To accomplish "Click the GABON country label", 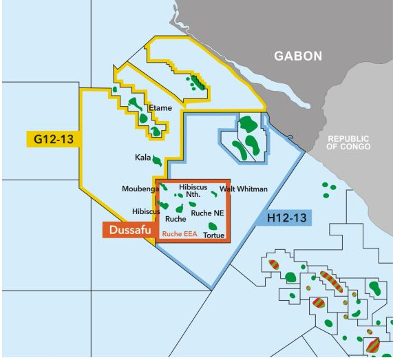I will coord(297,56).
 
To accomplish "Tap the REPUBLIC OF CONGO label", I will coord(349,142).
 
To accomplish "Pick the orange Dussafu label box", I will coord(129,230).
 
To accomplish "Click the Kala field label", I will coord(143,158).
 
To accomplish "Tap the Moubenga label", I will coord(140,189).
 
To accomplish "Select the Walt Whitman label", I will coord(243,189).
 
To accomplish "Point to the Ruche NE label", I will coord(208,213).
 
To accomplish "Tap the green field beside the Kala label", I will coord(158,160).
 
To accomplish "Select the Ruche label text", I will coord(176,219).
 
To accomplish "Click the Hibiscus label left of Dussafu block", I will coord(145,211).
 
